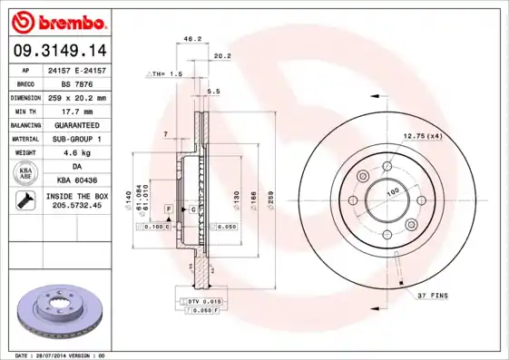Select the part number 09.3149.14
[57, 51]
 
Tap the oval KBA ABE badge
[26, 173]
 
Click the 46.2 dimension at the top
[192, 39]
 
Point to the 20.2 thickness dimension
[221, 55]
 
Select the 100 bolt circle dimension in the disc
[393, 192]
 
